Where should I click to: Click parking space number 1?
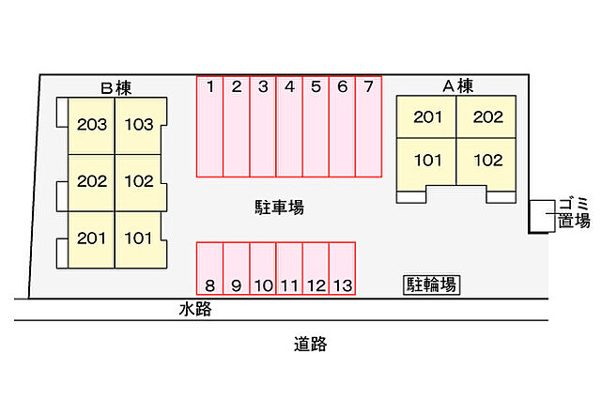pos(209,127)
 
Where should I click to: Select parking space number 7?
pos(369,127)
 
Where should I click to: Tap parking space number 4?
pos(289,127)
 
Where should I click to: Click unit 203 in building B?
pos(92,125)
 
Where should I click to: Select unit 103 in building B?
pos(138,125)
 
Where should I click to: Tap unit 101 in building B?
pos(138,238)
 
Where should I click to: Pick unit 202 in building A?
pos(487,117)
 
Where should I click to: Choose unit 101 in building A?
pos(427,159)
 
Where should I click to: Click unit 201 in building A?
pos(427,117)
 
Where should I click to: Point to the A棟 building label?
pos(457,85)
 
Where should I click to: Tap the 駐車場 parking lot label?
pos(279,208)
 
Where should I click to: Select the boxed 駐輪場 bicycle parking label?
pos(432,285)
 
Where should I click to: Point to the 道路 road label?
pos(309,344)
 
